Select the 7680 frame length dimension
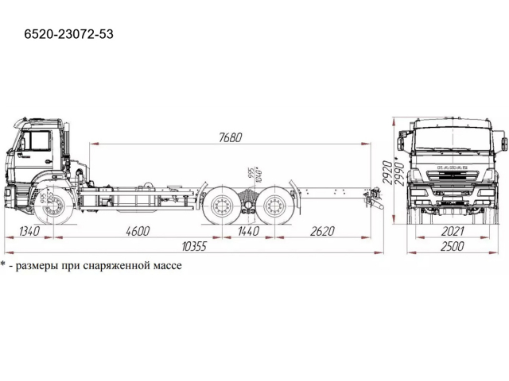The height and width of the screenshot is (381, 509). (230, 137)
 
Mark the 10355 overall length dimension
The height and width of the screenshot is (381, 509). (193, 247)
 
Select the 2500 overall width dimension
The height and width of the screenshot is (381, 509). (451, 247)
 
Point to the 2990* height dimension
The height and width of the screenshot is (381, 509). (394, 170)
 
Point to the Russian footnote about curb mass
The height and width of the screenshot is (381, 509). (91, 265)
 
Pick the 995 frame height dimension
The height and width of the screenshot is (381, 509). (250, 175)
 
